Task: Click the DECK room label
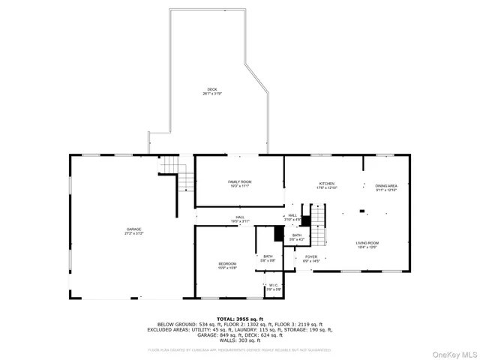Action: point(213,89)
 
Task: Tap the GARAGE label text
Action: point(133,229)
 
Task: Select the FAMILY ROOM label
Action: point(240,182)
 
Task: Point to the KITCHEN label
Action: point(326,184)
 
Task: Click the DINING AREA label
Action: point(386,185)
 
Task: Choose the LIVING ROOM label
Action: point(367,243)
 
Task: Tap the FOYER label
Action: point(310,256)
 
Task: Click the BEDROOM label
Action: point(227,264)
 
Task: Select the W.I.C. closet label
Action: point(273,286)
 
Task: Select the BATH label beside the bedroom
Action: point(268,256)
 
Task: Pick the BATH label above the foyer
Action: point(297,235)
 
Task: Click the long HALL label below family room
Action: point(240,217)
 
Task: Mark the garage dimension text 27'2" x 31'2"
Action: point(133,233)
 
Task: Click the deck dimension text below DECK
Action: point(213,94)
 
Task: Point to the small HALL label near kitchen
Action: point(293,215)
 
